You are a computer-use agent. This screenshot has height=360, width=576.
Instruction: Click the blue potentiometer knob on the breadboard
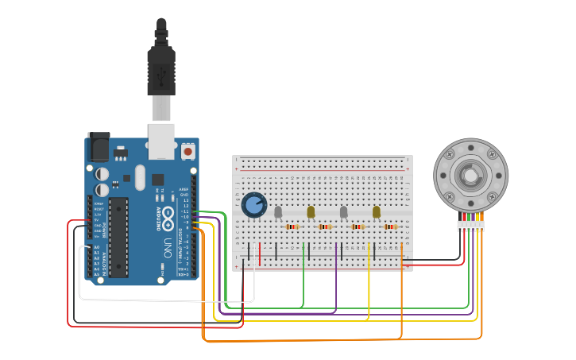253,205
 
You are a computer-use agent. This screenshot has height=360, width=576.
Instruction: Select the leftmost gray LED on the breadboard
278,212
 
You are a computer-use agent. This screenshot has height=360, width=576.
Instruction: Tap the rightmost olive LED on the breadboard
377,211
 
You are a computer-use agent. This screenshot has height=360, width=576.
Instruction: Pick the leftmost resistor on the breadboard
292,227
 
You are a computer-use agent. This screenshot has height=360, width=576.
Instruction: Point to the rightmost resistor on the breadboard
391,227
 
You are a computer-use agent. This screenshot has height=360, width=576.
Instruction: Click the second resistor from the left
325,227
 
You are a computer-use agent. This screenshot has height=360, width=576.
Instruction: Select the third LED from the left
343,212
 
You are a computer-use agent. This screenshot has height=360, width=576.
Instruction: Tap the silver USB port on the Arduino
161,137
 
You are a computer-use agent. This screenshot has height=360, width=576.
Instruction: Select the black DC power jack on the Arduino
99,147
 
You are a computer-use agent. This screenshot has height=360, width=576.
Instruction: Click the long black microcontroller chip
118,237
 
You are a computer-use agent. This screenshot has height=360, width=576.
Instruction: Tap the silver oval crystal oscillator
141,177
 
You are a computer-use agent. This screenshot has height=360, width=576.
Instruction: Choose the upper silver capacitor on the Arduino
102,173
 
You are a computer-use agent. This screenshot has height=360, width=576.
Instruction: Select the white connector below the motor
470,226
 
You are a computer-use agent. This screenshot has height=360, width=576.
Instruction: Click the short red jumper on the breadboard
259,254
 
